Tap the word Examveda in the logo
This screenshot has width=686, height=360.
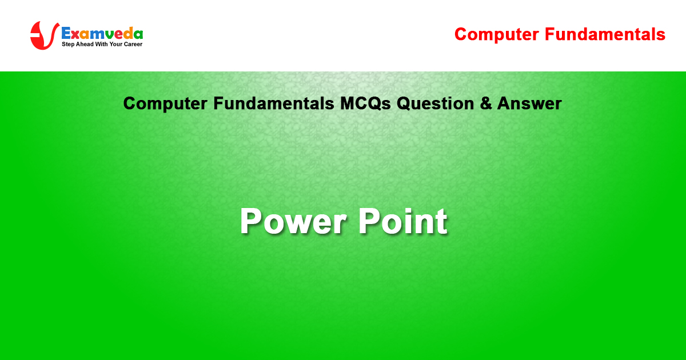tap(102, 33)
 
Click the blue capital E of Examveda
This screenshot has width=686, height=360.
tap(66, 33)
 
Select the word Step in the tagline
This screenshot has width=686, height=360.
tap(67, 45)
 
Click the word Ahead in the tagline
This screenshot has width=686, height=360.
tap(85, 44)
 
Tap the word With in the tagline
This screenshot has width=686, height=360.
tap(102, 44)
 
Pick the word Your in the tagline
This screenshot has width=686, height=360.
tap(115, 44)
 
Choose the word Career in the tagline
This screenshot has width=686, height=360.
tap(133, 44)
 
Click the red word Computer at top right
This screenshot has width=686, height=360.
tap(497, 35)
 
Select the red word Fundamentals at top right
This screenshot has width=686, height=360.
tap(605, 34)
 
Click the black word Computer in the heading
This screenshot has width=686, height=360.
tap(165, 104)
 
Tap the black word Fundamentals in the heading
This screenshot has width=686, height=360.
tap(273, 103)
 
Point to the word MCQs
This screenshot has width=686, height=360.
tap(365, 103)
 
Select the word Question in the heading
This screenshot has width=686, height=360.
tap(435, 103)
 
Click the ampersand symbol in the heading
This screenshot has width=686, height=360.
tap(486, 103)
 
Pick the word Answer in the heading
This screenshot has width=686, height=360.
tap(529, 103)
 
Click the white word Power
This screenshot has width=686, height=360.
tap(293, 221)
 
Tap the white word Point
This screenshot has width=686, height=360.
tap(402, 221)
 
